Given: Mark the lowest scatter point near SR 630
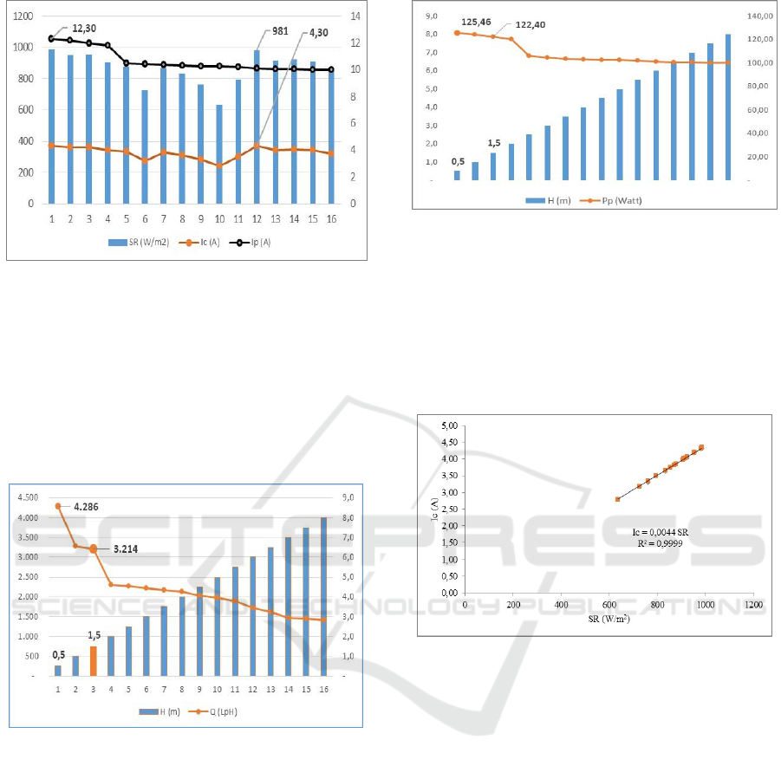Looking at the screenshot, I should click(617, 499).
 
